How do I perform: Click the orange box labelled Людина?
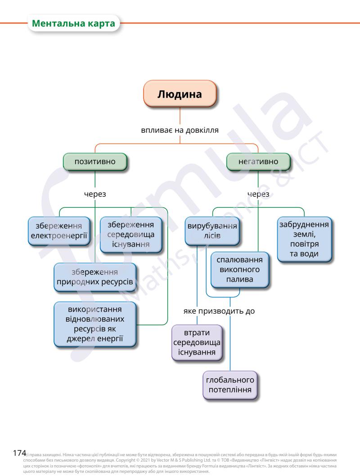coord(180,94)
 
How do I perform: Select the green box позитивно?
coord(95,162)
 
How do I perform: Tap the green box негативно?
coord(258,162)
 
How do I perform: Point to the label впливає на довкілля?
coord(180,131)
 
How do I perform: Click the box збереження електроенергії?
coord(58,231)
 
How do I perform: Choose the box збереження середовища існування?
coord(131,234)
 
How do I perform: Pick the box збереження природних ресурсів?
coord(95,277)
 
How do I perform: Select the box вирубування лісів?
coord(211,231)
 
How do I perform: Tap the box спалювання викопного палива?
coord(239,269)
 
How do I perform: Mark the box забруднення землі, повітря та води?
coord(304,239)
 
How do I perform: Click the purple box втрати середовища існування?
coord(197,342)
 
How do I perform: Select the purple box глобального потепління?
coord(230,385)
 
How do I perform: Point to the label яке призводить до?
coord(219,311)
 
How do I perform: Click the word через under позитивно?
coord(95,194)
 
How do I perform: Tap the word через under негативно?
coord(258,194)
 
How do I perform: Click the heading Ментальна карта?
coord(74,23)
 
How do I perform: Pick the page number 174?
coord(19,452)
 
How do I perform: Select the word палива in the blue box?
coord(239,279)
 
